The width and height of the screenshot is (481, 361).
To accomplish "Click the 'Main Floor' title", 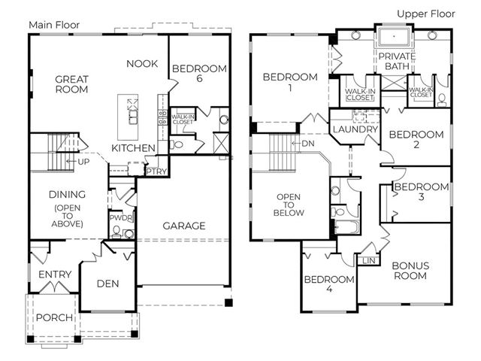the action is pyautogui.click(x=54, y=25).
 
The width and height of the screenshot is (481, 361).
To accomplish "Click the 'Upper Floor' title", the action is pyautogui.click(x=426, y=14).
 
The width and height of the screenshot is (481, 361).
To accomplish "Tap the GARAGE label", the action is pyautogui.click(x=184, y=226).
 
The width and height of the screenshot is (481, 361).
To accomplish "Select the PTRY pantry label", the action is pyautogui.click(x=156, y=171).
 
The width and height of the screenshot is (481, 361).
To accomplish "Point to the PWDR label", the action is pyautogui.click(x=121, y=218).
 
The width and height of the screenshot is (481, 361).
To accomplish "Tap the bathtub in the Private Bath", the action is pyautogui.click(x=394, y=37).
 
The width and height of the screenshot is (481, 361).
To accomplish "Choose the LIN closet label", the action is pyautogui.click(x=368, y=261).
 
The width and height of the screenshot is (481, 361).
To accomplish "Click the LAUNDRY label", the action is pyautogui.click(x=355, y=129).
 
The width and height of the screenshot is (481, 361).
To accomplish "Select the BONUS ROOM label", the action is pyautogui.click(x=410, y=271).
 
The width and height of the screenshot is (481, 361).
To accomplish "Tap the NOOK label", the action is pyautogui.click(x=142, y=63).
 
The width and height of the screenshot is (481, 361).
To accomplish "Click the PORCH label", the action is pyautogui.click(x=54, y=317).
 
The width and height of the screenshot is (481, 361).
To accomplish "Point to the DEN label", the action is pyautogui.click(x=107, y=284).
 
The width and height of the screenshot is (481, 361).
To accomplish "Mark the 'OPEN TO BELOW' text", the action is pyautogui.click(x=289, y=205).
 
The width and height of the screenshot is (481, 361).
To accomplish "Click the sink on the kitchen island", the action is pyautogui.click(x=133, y=117).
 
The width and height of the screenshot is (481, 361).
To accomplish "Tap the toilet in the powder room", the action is pyautogui.click(x=116, y=232).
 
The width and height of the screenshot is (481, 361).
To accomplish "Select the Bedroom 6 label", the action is pyautogui.click(x=199, y=73).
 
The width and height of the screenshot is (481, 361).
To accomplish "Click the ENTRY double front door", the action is pyautogui.click(x=55, y=287).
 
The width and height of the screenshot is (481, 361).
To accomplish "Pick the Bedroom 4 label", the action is pyautogui.click(x=329, y=284).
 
